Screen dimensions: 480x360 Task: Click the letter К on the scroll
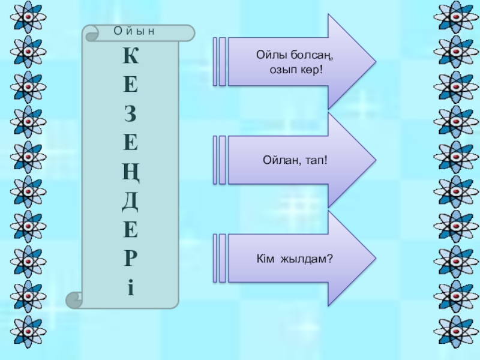pyautogui.click(x=130, y=58)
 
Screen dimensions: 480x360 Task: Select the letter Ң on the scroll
pyautogui.click(x=130, y=173)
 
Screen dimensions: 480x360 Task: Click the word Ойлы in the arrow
pyautogui.click(x=270, y=56)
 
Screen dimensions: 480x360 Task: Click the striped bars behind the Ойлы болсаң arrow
pyautogui.click(x=220, y=62)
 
